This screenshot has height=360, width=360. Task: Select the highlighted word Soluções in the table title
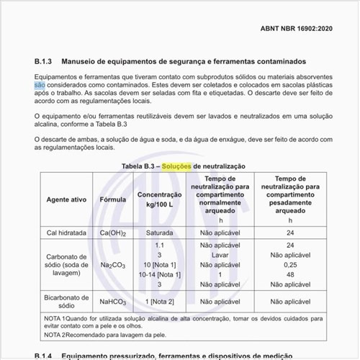[177, 166]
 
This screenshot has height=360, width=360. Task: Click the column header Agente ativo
[67, 199]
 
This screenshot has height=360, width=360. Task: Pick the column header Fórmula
[112, 199]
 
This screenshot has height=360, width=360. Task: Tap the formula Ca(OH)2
[113, 233]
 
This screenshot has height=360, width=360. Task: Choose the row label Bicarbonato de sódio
[67, 301]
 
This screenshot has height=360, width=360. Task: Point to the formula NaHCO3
[113, 302]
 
